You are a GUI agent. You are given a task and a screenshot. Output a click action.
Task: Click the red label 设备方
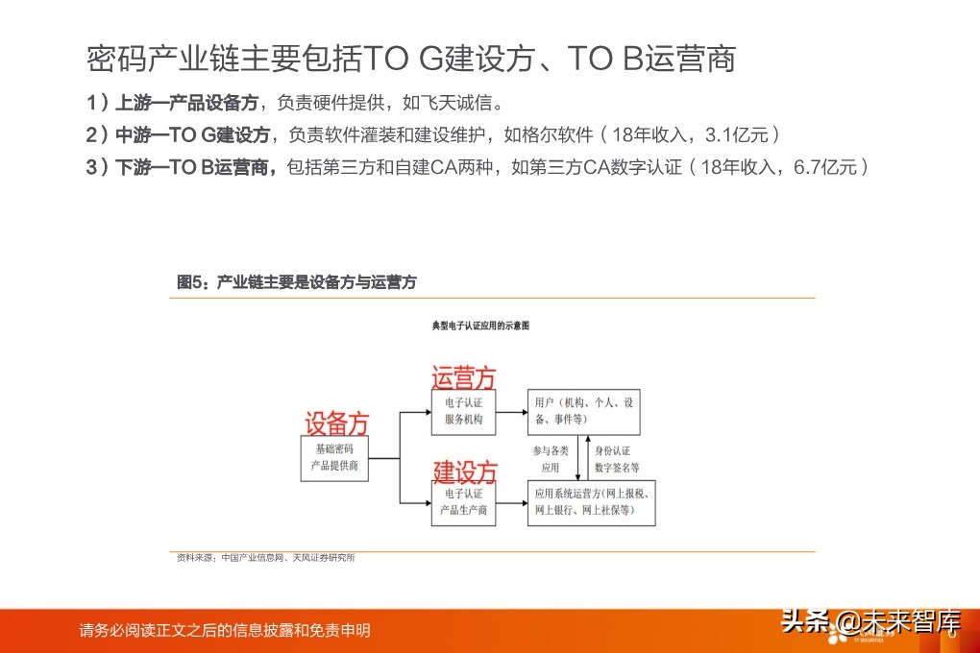pos(336,423)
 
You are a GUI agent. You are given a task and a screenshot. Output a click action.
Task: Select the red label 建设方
pos(464,472)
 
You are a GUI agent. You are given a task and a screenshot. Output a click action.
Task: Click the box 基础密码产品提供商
pos(334,457)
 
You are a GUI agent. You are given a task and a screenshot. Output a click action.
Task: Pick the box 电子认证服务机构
pos(463,412)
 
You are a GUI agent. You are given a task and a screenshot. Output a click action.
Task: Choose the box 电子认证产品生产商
pos(463,501)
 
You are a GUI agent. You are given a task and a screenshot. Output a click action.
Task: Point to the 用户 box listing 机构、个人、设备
pos(584,411)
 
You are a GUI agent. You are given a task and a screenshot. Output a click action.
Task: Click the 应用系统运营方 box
pos(591,501)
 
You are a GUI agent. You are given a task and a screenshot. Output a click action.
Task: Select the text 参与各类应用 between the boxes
pos(550,458)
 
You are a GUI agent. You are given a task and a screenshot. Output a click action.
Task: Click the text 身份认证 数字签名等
pos(615,458)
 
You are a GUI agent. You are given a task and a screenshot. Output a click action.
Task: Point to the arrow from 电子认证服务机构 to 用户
pos(512,412)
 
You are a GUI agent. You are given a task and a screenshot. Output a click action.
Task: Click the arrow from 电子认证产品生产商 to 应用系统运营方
pos(512,501)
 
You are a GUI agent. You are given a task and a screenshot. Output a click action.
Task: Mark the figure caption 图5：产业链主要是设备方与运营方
pos(297,282)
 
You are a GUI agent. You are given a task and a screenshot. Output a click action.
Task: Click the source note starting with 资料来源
pos(265,558)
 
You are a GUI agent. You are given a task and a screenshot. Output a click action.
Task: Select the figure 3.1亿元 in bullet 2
pos(736,134)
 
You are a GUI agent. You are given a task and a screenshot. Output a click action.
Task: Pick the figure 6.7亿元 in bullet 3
pos(826,167)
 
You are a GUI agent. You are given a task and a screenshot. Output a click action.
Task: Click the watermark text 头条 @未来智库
pos(870,621)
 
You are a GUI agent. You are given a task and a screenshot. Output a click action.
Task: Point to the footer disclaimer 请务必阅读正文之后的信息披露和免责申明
pos(225,631)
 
